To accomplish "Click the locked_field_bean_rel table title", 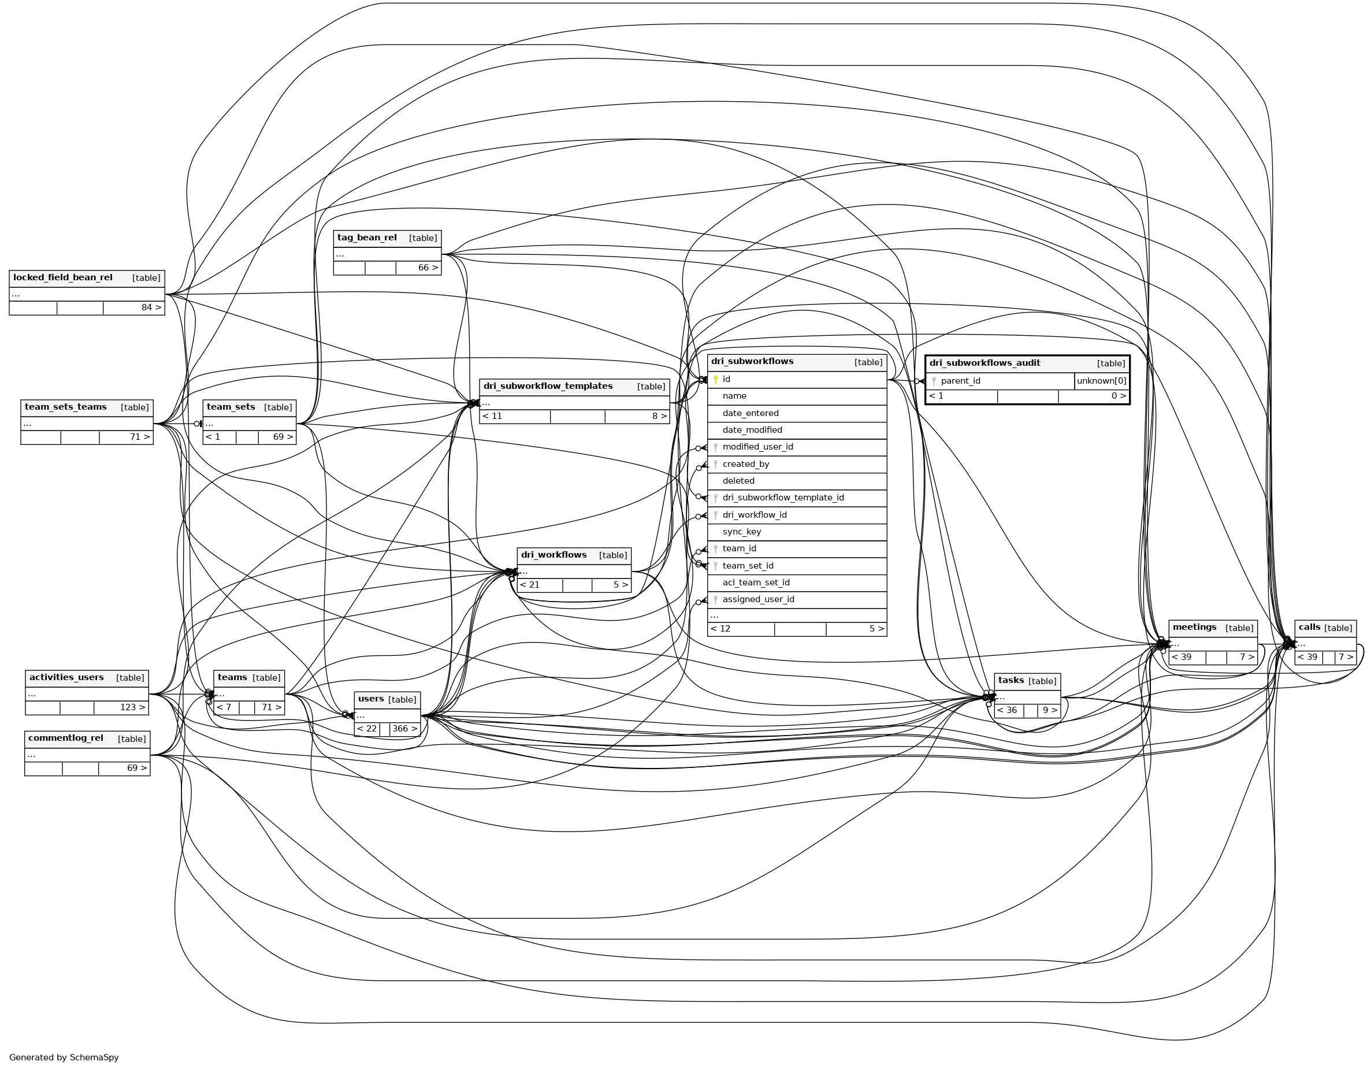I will [62, 278].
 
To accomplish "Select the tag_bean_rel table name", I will [367, 238].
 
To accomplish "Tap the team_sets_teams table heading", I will [66, 407].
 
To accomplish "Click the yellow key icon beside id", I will [715, 379].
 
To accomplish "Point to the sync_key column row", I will [742, 532].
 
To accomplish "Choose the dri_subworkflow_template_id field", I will [783, 498].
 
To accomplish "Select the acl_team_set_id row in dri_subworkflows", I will [756, 582].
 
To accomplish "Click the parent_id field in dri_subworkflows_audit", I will [960, 381].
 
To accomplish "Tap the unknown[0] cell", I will [1101, 381].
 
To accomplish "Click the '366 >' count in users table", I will [404, 729].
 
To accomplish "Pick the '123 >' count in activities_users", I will [132, 708].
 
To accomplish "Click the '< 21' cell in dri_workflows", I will [530, 585].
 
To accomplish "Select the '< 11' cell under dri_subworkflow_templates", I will [493, 416].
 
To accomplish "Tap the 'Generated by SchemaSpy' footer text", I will [64, 1058].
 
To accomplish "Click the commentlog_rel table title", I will [66, 738].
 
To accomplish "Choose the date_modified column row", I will [752, 430].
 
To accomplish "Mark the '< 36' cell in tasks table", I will [1007, 710].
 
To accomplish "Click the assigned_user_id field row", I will [758, 600].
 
